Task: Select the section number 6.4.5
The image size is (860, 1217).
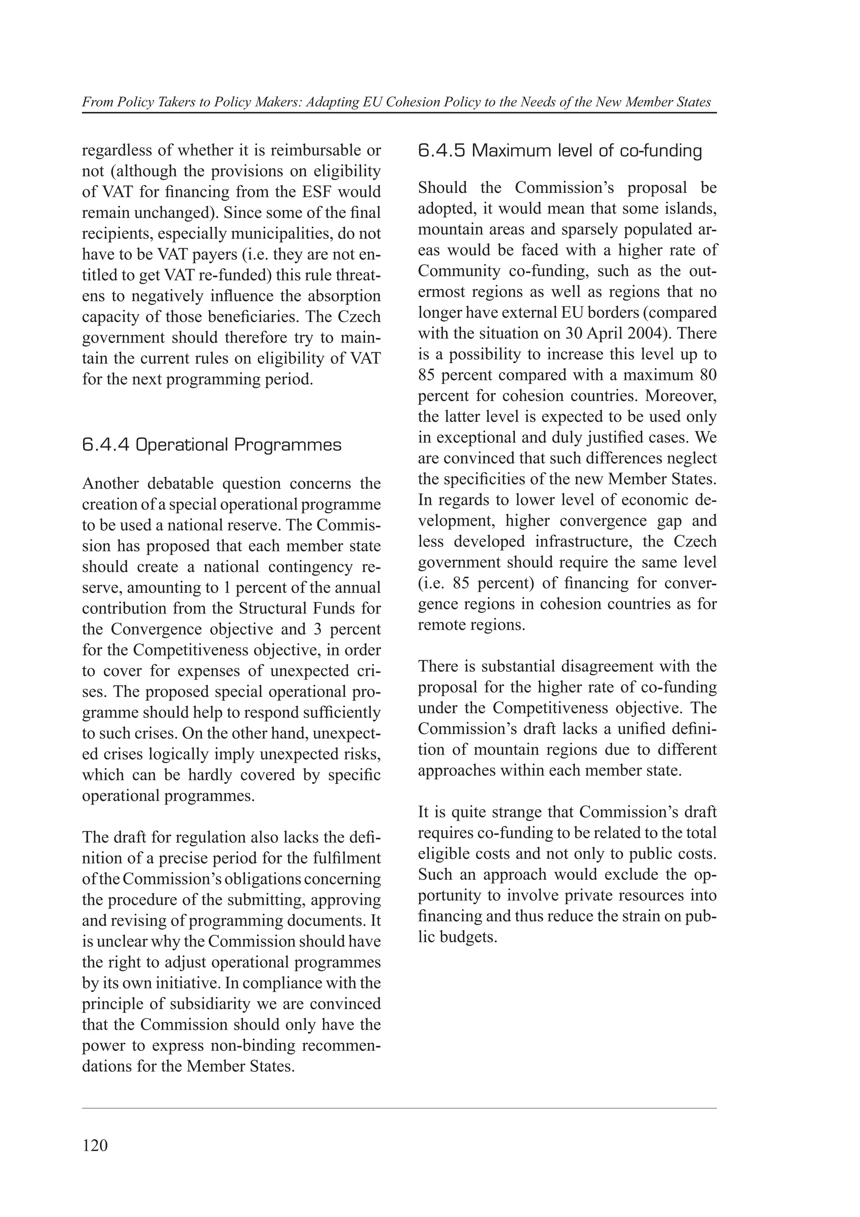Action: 441,151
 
